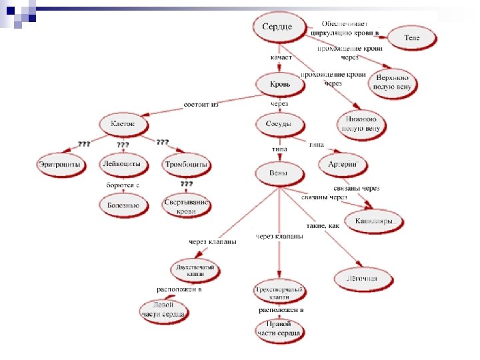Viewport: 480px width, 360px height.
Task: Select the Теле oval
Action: tap(411, 38)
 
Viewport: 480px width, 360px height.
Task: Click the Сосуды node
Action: tap(279, 124)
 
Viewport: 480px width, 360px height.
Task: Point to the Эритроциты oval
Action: tap(59, 164)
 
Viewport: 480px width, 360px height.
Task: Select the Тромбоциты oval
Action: tap(186, 164)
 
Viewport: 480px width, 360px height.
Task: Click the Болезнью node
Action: tap(123, 205)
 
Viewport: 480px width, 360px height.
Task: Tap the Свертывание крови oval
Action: tap(186, 206)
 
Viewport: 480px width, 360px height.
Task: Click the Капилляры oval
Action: tap(373, 220)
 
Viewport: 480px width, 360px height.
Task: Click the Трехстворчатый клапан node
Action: tap(279, 293)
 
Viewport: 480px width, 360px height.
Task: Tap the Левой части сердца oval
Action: tap(163, 310)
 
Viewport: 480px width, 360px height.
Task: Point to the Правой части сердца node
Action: tap(279, 329)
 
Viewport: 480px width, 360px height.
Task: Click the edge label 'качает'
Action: tap(281, 59)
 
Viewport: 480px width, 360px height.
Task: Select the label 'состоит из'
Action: tap(201, 105)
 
